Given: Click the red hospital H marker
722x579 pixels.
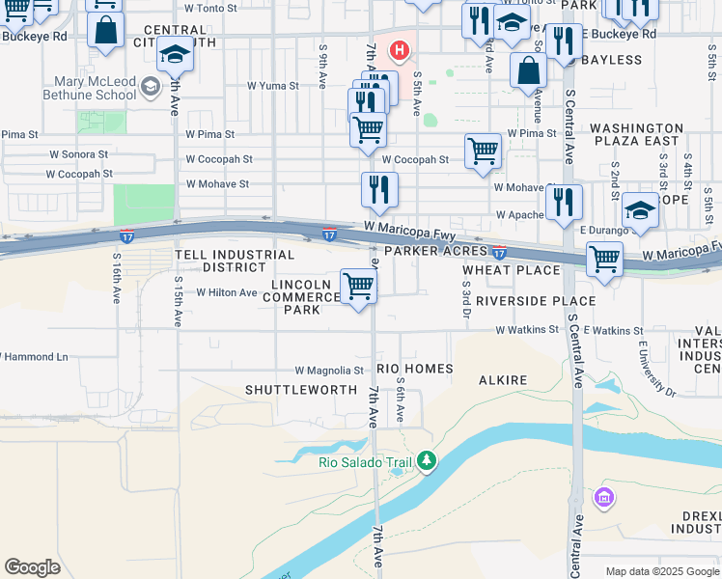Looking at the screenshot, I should (396, 48).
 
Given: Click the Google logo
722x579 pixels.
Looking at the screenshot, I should (32, 567).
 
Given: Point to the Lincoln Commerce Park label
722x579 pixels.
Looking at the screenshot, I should (306, 297).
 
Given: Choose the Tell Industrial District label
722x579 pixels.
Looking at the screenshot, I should (235, 261).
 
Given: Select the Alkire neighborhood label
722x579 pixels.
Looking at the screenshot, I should (503, 380).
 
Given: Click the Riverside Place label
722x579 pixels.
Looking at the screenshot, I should (530, 301).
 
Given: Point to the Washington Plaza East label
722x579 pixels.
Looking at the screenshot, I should (635, 134).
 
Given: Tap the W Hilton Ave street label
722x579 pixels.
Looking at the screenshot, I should (227, 292).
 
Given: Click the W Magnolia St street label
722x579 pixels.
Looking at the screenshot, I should (329, 370).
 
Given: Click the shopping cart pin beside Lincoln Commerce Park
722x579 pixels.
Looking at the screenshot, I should (358, 287).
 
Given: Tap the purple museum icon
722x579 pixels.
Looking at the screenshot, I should (604, 499).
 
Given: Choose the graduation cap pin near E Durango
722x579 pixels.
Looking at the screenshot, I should (640, 212).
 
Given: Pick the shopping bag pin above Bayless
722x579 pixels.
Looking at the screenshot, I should (528, 69).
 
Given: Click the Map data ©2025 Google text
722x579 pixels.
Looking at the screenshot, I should (661, 571).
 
